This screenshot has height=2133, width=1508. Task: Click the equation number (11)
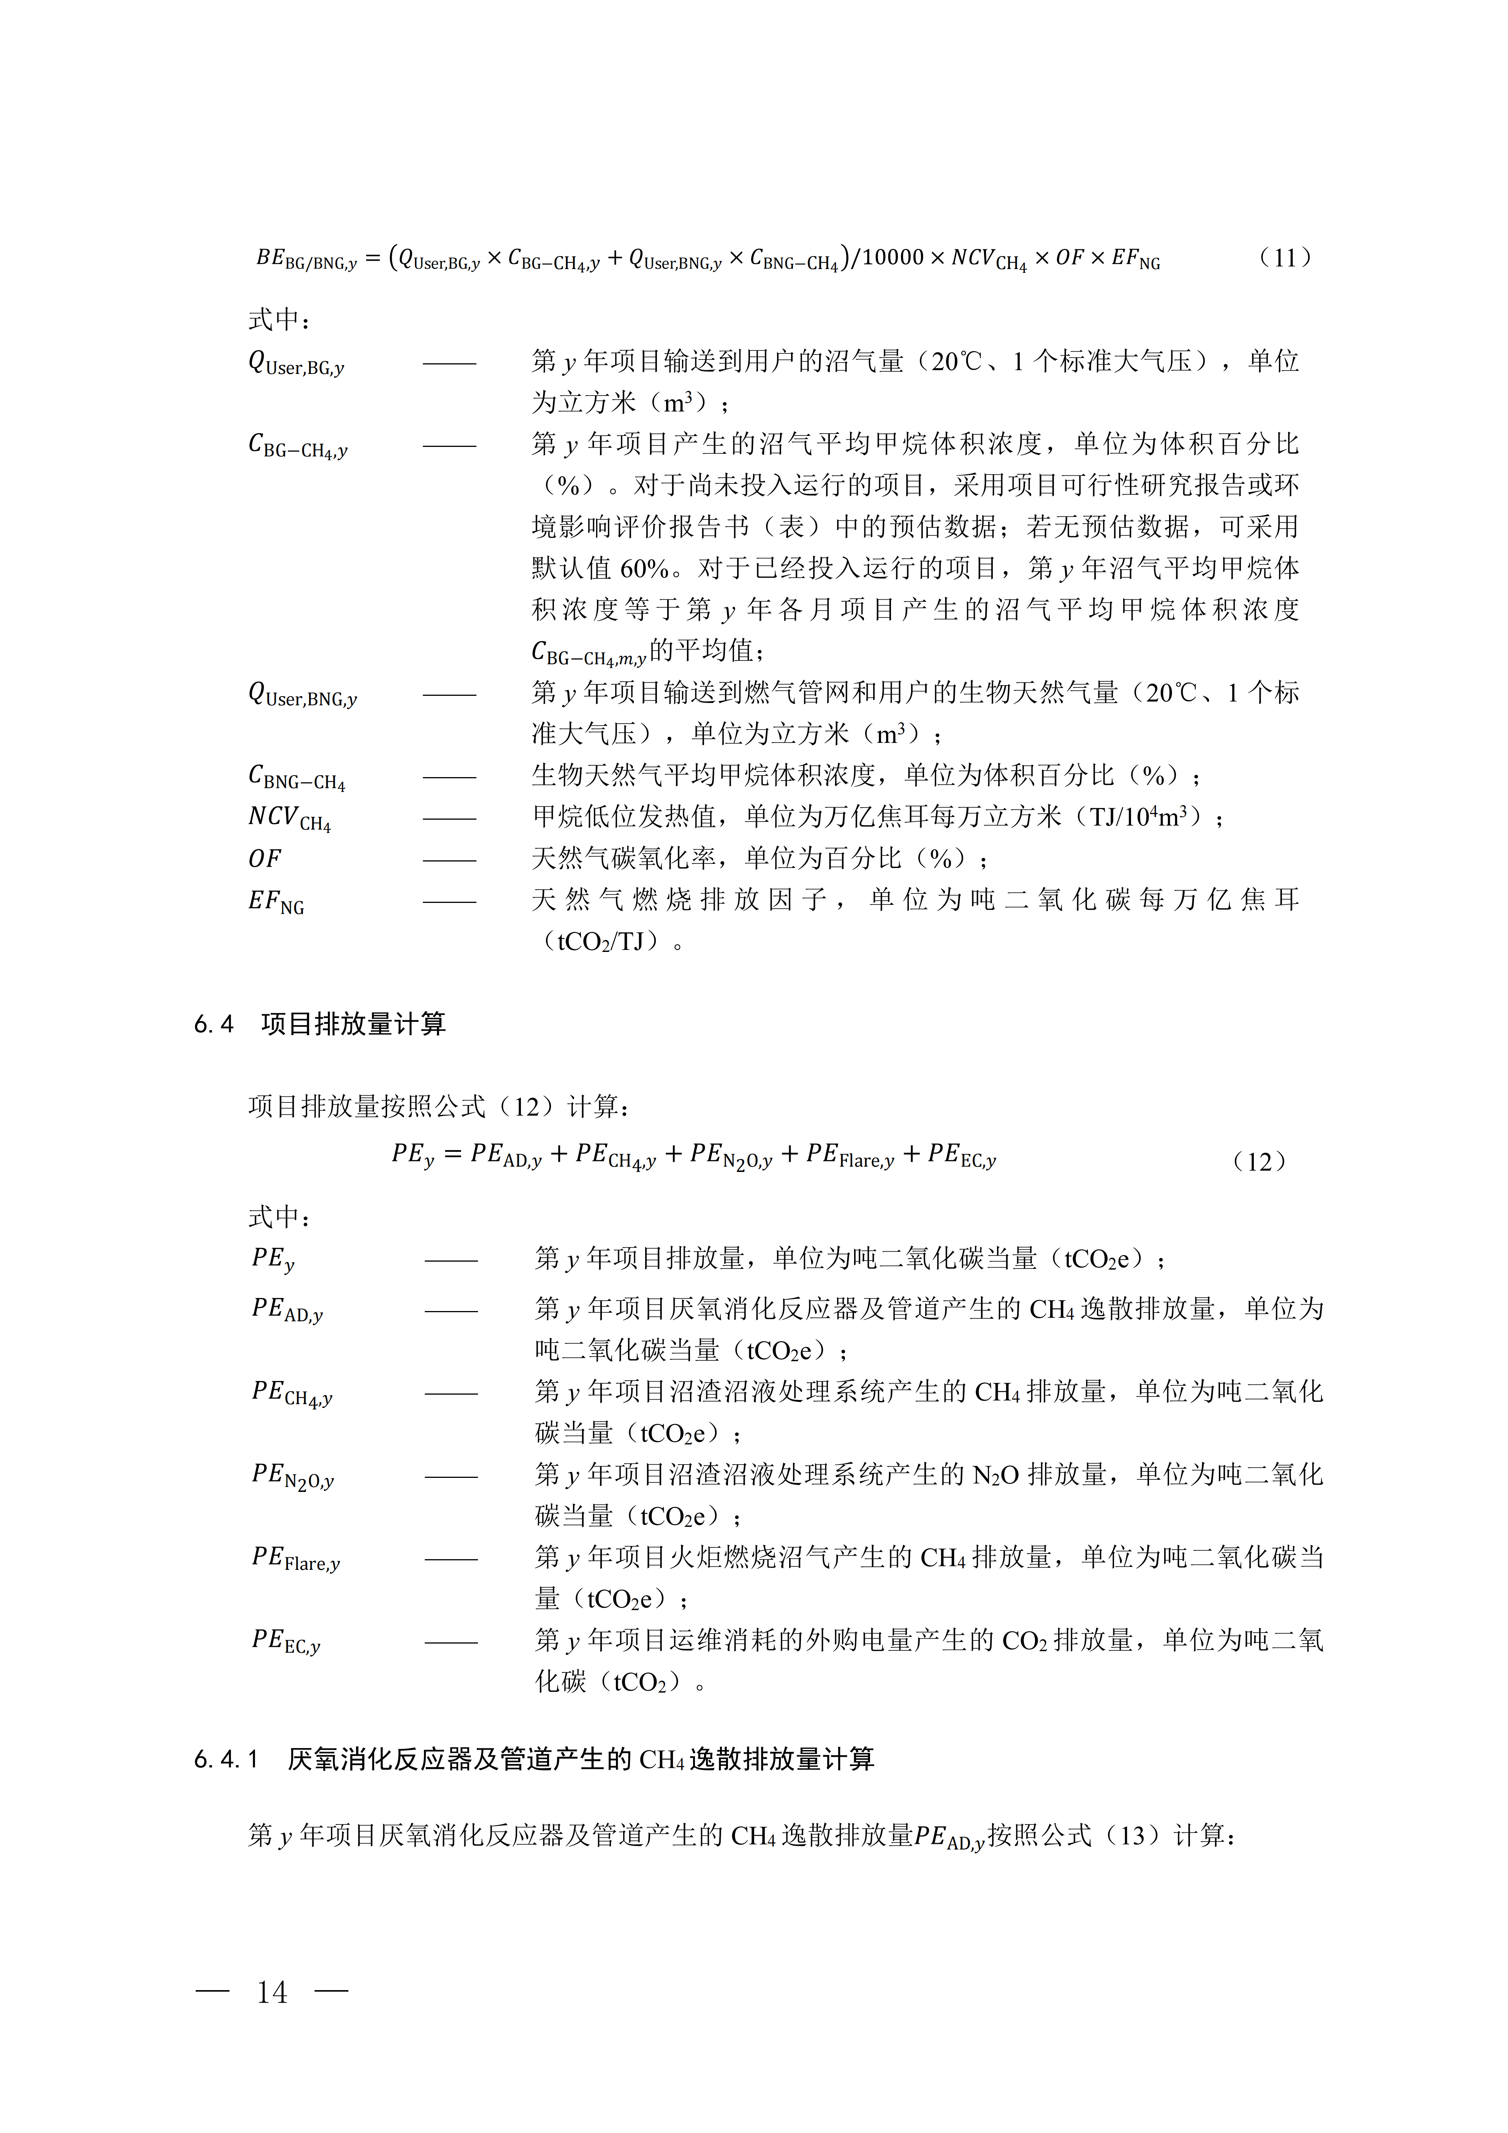pos(1285,257)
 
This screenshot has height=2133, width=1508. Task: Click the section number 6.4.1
pos(226,1759)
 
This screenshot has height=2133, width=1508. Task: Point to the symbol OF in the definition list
pos(265,858)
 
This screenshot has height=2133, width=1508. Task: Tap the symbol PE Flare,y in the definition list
pos(295,1558)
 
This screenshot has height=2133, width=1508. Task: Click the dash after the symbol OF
pos(449,859)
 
